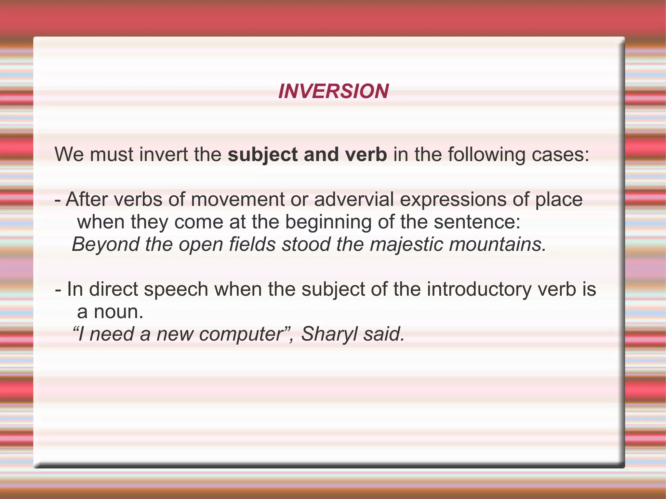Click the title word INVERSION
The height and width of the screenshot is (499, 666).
333,91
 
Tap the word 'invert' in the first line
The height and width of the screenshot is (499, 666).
164,154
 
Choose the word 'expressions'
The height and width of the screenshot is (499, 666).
453,200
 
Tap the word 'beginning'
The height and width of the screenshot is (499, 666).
328,222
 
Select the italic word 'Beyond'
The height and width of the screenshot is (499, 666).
105,244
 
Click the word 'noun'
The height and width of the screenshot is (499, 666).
118,312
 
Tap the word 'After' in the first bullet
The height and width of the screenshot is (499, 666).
86,199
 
